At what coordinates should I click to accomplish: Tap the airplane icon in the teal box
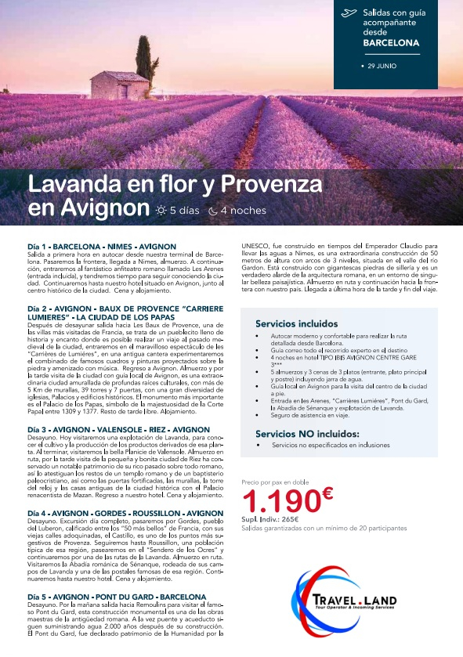(x=349, y=13)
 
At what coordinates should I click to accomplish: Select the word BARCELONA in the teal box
(x=391, y=43)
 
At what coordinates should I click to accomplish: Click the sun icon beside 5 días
(x=161, y=211)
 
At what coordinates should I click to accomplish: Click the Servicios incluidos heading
(x=296, y=323)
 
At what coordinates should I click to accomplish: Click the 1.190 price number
(x=279, y=502)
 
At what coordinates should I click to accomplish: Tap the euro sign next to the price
(x=327, y=493)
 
